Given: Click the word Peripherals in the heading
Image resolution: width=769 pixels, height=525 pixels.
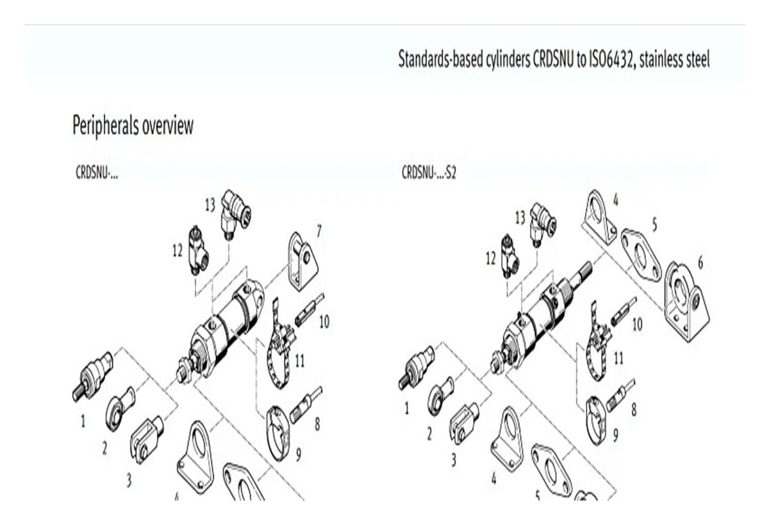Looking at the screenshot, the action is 105,126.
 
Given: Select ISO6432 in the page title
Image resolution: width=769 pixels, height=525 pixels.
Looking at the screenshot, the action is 609,60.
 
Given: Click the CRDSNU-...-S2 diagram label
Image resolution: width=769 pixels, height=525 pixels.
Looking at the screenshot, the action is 429,173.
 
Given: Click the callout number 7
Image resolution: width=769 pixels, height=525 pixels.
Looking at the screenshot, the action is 319,232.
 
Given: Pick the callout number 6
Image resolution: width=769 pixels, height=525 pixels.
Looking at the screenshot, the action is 700,263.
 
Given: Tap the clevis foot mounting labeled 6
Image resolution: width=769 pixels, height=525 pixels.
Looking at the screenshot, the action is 686,302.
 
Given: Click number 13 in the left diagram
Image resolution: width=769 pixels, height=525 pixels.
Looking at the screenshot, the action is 210,205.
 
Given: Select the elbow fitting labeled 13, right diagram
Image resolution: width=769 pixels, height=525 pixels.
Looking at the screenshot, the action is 543,225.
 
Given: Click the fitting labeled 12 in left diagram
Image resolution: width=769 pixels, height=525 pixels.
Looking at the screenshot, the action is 199,250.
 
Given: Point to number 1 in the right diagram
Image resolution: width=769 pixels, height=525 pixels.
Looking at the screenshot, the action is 407,408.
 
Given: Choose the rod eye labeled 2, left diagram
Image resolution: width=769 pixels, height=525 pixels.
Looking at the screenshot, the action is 120,408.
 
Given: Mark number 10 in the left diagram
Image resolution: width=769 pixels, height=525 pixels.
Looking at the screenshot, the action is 324,321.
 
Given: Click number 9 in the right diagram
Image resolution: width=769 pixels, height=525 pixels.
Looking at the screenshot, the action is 616,435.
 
